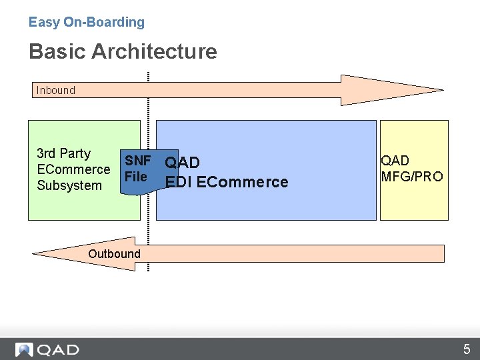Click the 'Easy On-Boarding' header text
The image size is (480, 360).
click(x=86, y=22)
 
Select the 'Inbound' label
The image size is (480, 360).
click(x=56, y=90)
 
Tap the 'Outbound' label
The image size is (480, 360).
click(x=114, y=253)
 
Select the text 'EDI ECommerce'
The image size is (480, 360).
click(x=227, y=182)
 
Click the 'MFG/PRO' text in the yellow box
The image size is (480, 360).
click(x=411, y=177)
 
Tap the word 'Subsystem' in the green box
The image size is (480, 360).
click(x=69, y=185)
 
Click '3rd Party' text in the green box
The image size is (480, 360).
click(x=63, y=153)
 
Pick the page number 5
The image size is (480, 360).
click(x=467, y=349)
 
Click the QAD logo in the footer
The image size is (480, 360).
click(x=47, y=349)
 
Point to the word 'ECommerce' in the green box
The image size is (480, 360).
click(x=73, y=169)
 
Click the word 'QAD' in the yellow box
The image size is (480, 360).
click(x=395, y=161)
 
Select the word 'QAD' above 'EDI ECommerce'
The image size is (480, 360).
click(x=183, y=163)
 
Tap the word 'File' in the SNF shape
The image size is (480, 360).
click(x=136, y=177)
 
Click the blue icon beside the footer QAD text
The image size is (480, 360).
click(x=25, y=349)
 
